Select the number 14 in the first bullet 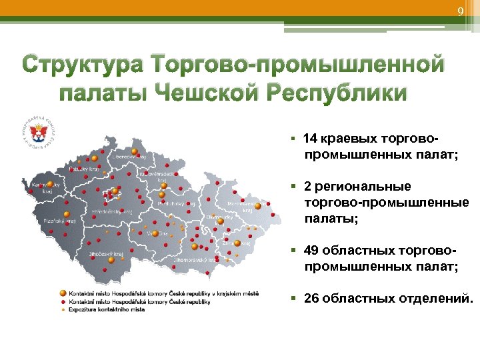[x=310, y=139]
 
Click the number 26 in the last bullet [x=311, y=298]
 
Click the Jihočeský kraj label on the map [x=104, y=254]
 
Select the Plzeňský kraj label [x=60, y=219]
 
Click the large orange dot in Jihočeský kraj [x=112, y=261]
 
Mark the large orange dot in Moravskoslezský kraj [x=258, y=206]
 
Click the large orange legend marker [x=63, y=293]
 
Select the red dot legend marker [x=63, y=302]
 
